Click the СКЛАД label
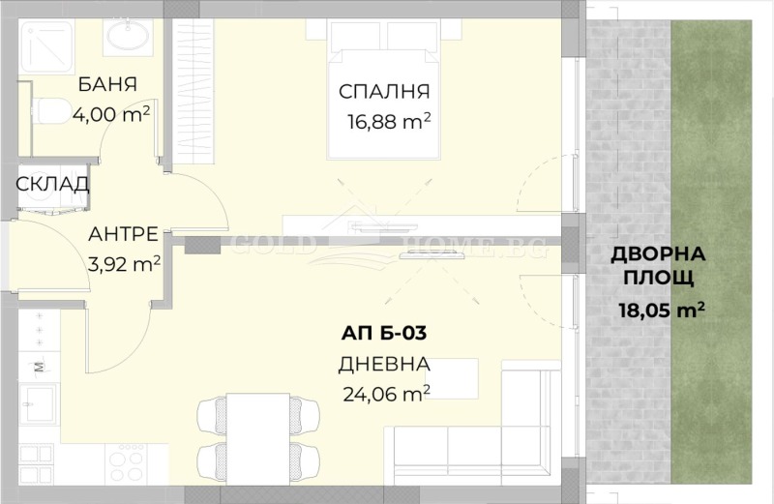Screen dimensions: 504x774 tap(52, 184)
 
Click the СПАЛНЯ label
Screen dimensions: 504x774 tap(383, 92)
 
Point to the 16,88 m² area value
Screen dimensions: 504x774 tap(387, 122)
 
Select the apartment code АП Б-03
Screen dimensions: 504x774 tap(384, 334)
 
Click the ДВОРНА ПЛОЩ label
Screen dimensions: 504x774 tap(659, 267)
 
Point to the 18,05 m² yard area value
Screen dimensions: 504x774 tap(661, 311)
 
